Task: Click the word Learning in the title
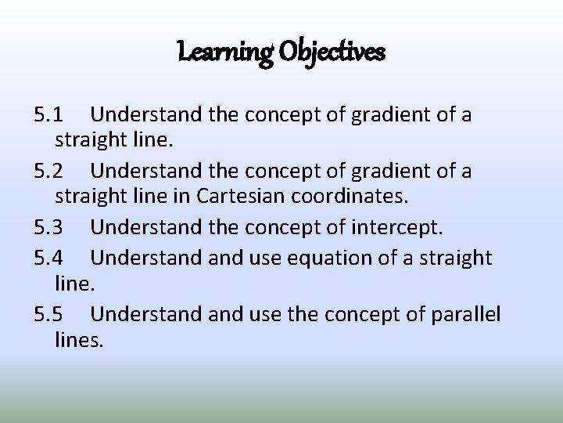(221, 54)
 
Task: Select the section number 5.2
(51, 170)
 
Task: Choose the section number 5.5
(51, 314)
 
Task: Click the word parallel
(465, 315)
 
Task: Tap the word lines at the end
(79, 342)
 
